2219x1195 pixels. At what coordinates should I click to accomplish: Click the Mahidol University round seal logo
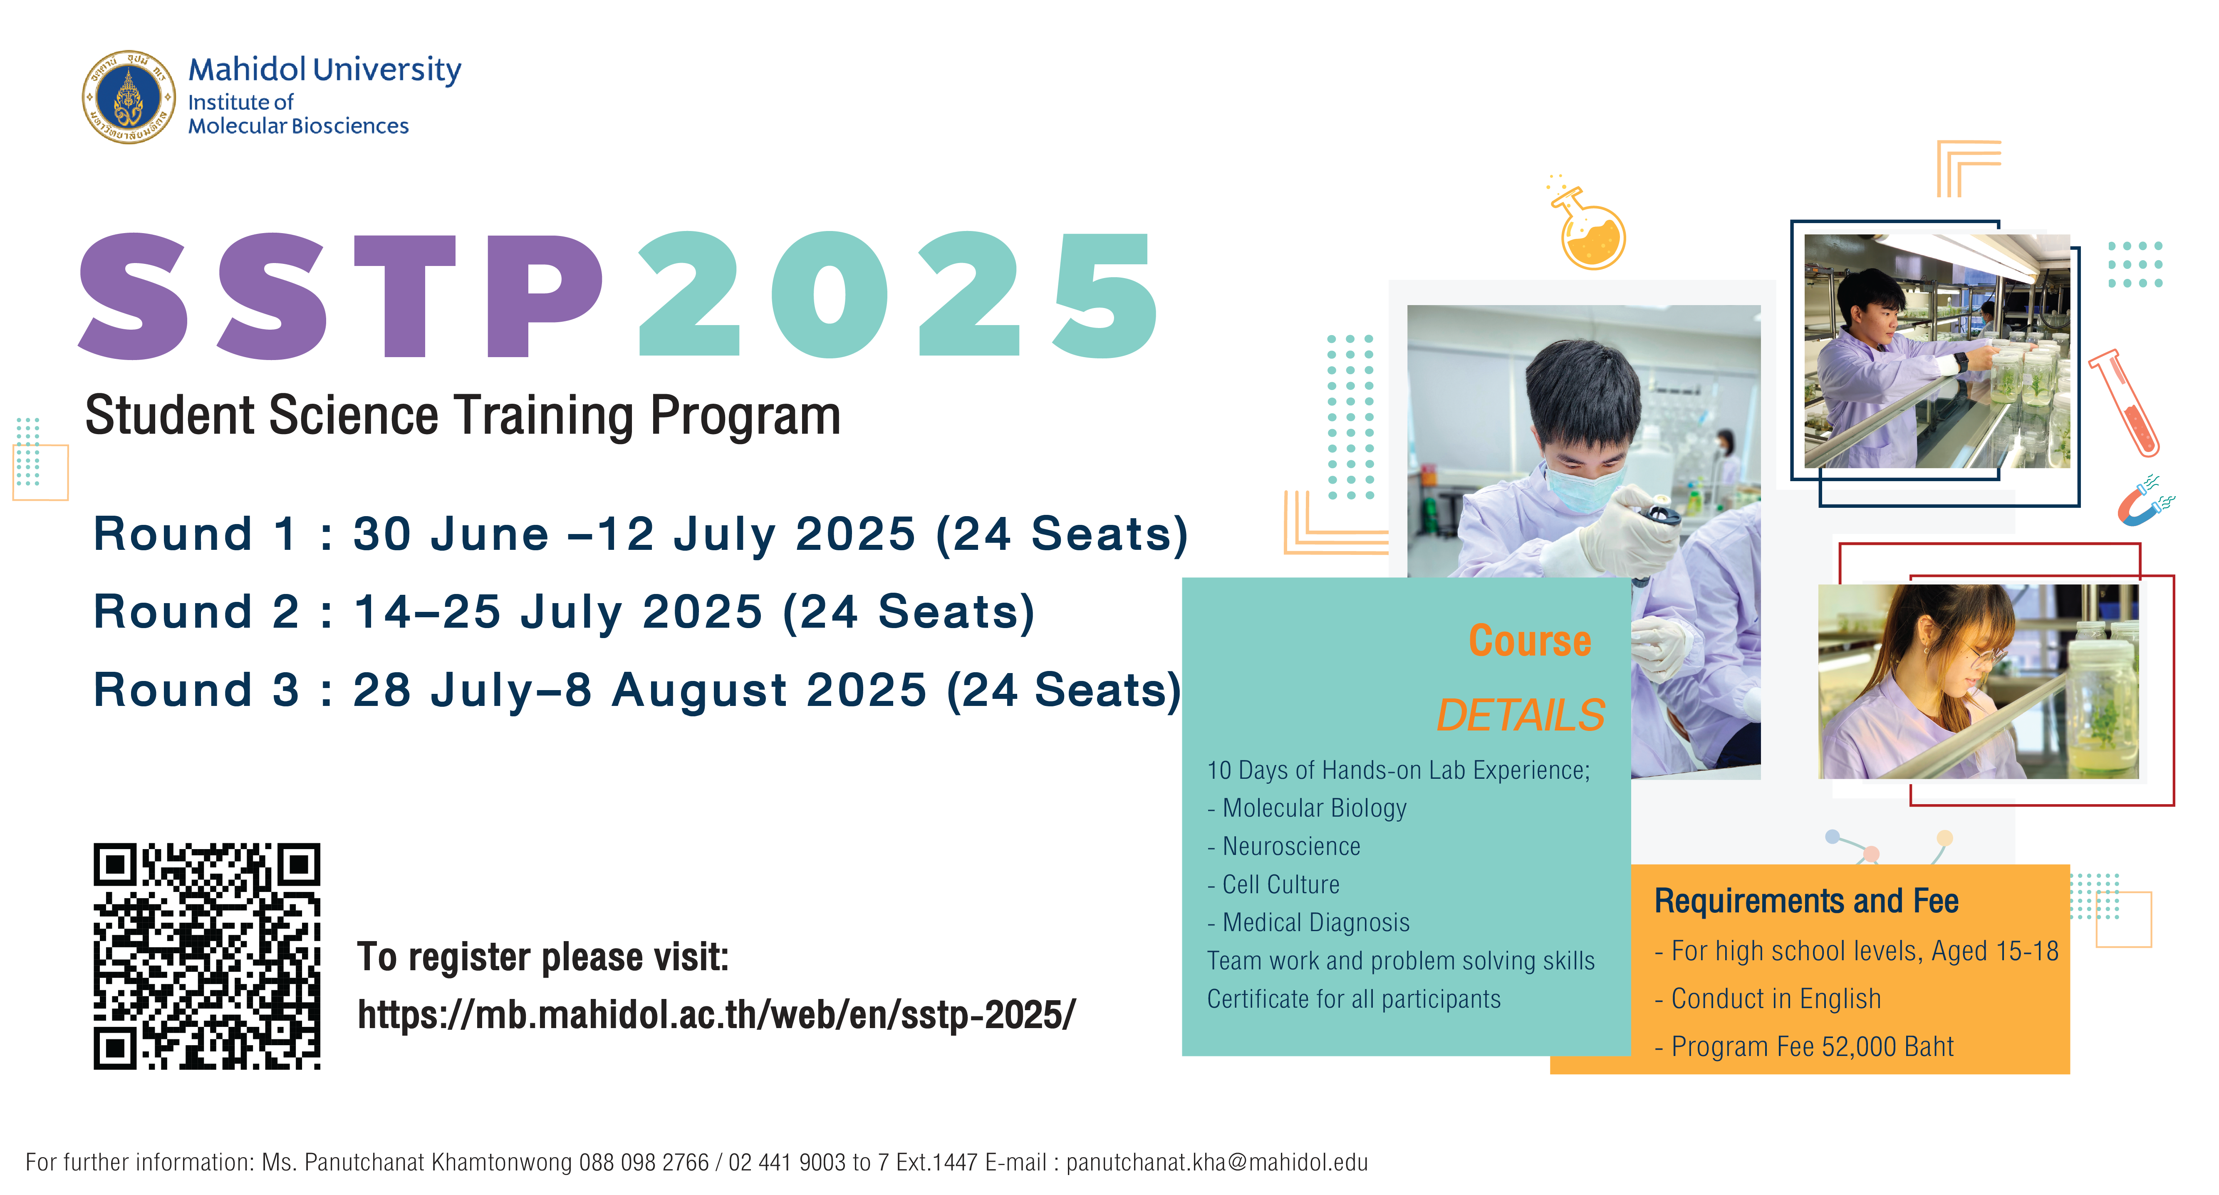point(129,97)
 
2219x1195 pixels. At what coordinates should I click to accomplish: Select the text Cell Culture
point(1281,884)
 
